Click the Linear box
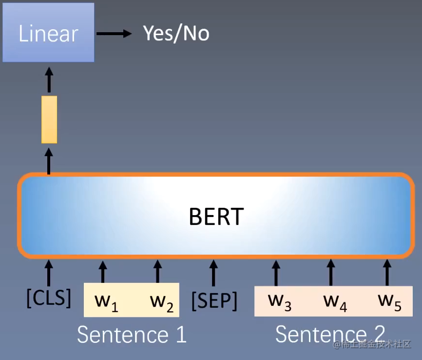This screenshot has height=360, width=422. click(48, 33)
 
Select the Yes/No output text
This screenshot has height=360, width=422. click(176, 33)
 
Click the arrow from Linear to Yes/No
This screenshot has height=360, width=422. click(114, 33)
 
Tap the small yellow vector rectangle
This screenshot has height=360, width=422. click(49, 120)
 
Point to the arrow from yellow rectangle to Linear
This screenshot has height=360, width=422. click(49, 80)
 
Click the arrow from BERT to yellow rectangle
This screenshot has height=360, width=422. click(49, 161)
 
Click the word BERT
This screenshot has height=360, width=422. click(215, 216)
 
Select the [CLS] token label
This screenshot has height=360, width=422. click(48, 297)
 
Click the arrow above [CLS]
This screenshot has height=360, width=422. click(48, 272)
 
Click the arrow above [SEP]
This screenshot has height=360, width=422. click(213, 272)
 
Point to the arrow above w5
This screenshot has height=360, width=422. click(387, 272)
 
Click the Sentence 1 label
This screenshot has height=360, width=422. click(132, 335)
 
